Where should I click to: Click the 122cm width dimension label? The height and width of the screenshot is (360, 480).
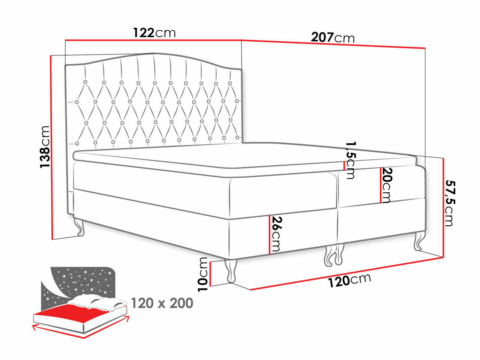154,33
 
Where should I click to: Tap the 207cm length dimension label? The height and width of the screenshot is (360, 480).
333,37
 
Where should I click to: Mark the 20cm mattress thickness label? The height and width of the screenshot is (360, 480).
387,185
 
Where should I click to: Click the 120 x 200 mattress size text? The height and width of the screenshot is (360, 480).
162,303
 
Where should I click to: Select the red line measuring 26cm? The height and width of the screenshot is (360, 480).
269,235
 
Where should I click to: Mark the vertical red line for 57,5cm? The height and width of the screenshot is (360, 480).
443,208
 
